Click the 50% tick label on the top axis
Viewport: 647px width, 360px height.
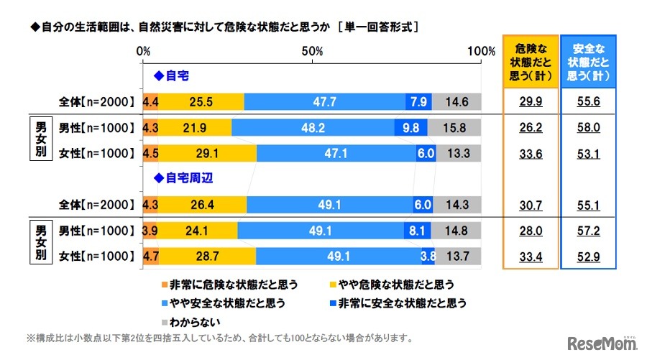tap(312, 51)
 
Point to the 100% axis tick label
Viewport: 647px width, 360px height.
tap(480, 51)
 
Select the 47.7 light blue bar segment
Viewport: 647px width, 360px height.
tap(324, 101)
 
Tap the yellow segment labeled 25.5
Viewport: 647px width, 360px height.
tap(201, 101)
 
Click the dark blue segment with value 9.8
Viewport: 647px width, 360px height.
tap(411, 128)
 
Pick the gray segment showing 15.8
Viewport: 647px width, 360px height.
tap(454, 128)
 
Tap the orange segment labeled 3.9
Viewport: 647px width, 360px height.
tap(150, 231)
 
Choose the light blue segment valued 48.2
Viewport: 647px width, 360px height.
tap(313, 128)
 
